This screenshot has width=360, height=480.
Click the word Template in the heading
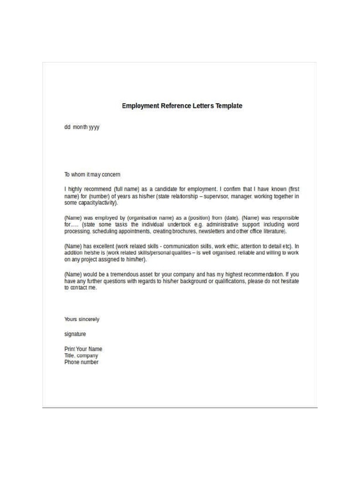point(229,106)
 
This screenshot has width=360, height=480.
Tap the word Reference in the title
point(176,106)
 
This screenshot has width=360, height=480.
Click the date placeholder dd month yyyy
point(82,127)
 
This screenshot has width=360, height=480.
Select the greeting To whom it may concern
point(92,174)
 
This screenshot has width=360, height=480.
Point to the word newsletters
point(212,232)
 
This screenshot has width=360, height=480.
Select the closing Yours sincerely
point(82,319)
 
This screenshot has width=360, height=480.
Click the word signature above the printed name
point(75,334)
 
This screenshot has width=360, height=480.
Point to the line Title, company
point(81,356)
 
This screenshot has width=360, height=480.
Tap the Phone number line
point(82,362)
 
